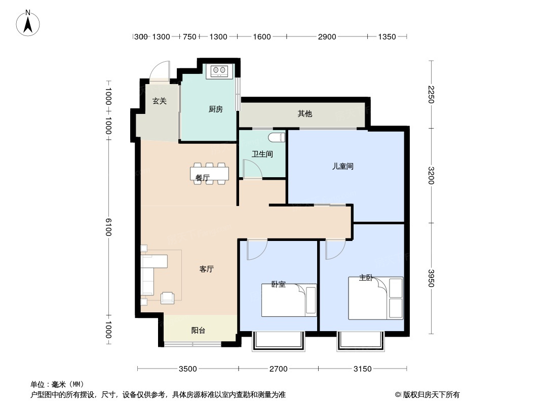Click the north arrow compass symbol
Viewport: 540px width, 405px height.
[28, 23]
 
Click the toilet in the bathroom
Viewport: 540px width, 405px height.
[278, 137]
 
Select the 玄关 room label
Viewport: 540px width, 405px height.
[160, 101]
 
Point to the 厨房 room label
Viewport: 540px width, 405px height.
[216, 109]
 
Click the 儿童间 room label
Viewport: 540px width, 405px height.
[342, 166]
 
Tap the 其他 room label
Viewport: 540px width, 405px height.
[305, 113]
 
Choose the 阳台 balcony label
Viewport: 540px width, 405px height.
[199, 331]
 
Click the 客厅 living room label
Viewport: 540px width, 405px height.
[207, 269]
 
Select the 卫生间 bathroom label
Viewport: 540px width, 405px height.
[262, 154]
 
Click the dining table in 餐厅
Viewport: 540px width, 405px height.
[209, 174]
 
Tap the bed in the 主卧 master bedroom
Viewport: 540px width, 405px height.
[376, 298]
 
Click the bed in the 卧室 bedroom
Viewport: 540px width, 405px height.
[289, 300]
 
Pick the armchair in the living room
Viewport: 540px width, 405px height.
[167, 298]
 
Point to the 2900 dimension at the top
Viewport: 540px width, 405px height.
[327, 36]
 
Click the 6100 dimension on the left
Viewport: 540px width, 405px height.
[108, 227]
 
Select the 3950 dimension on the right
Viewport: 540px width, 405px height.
[431, 278]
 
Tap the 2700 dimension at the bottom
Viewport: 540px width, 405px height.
[278, 369]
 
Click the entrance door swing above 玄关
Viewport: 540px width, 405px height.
[161, 71]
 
